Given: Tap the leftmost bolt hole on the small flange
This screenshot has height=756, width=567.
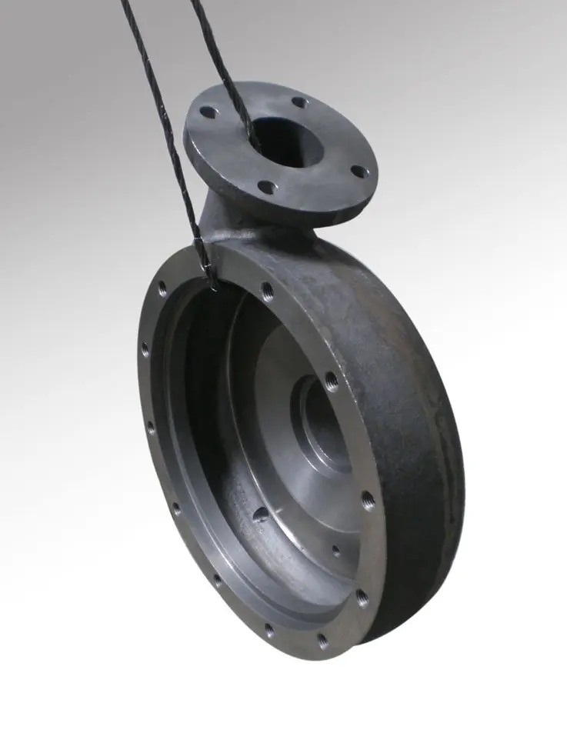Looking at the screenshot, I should (208, 112).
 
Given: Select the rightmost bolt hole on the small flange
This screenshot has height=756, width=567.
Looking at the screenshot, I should (357, 172).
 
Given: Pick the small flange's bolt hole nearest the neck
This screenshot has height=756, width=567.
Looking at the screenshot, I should (266, 186).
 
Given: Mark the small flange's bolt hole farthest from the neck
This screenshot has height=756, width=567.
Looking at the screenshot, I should (299, 101).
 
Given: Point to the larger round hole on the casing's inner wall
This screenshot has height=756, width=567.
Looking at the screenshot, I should (262, 513).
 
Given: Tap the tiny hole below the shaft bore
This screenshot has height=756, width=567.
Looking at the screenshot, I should (335, 551).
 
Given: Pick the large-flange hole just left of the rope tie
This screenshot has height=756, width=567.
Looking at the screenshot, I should (162, 290).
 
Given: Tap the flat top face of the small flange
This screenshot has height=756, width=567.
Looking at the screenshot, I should (339, 138).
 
